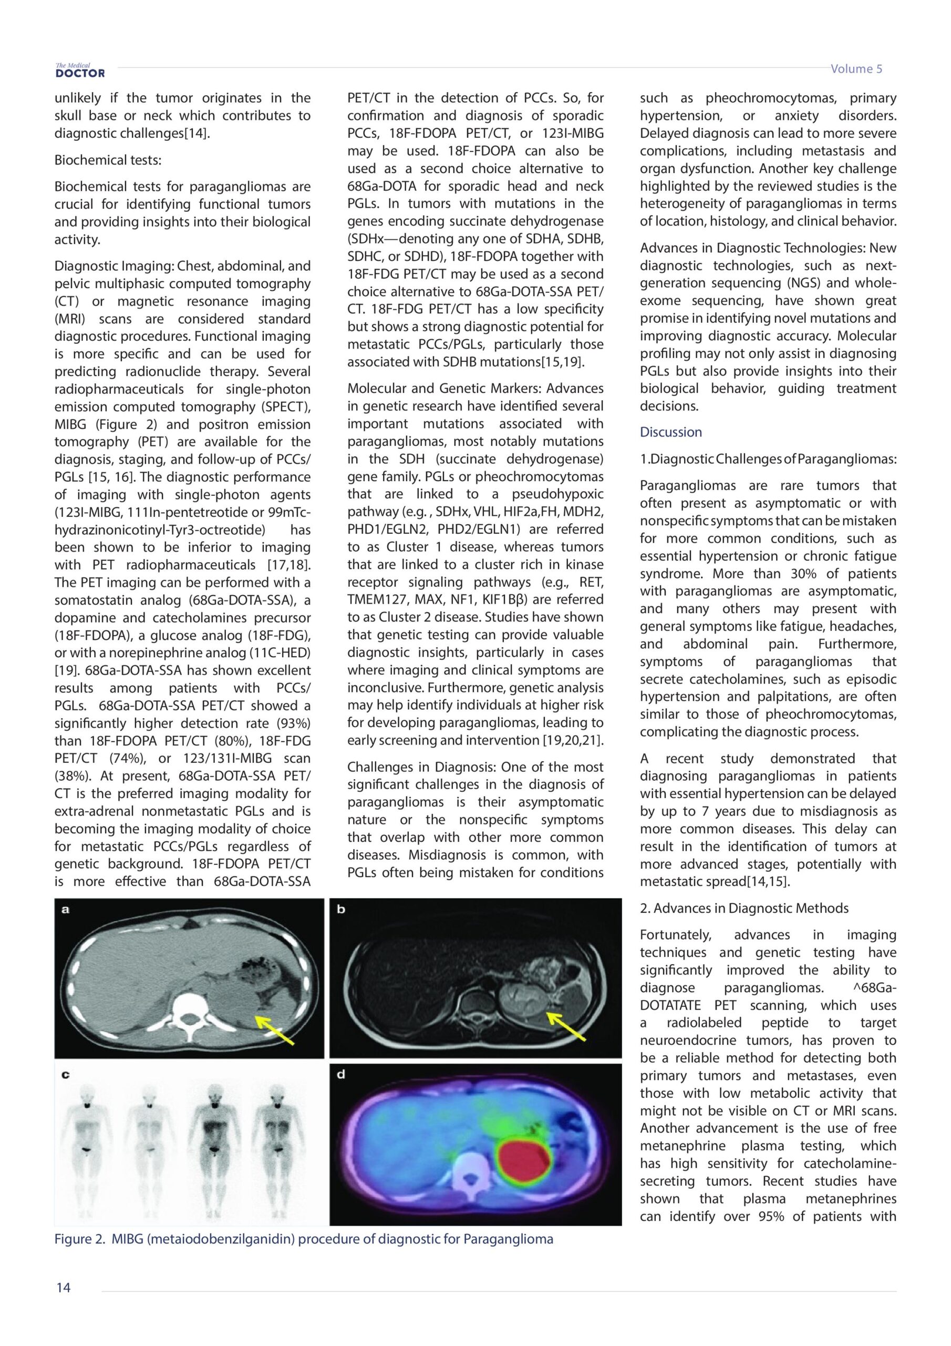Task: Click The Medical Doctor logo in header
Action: pyautogui.click(x=80, y=70)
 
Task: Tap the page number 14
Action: pyautogui.click(x=63, y=1288)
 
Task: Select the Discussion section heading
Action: pyautogui.click(x=670, y=432)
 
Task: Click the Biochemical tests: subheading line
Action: pyautogui.click(x=108, y=160)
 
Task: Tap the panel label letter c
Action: pyautogui.click(x=66, y=1075)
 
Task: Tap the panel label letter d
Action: pyautogui.click(x=341, y=1074)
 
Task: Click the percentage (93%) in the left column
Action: pyautogui.click(x=291, y=723)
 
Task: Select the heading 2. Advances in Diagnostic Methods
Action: pyautogui.click(x=743, y=908)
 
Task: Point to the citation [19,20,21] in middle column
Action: pyautogui.click(x=573, y=740)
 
